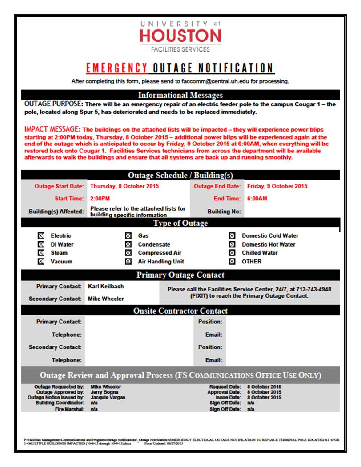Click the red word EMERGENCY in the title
pos(117,68)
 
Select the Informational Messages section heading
pos(180,95)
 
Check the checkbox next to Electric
pos(41,236)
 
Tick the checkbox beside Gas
pos(128,236)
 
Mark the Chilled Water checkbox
pos(232,253)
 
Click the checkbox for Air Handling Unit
pos(128,262)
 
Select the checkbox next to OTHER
pos(232,262)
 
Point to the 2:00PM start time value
pos(100,199)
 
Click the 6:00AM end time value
pos(257,199)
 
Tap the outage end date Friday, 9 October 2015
pos(277,186)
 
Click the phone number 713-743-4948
pos(317,289)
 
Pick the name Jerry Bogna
pos(105,392)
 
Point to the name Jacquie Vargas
pos(108,398)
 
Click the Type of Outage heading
pos(180,223)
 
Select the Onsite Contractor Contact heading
pos(180,311)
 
